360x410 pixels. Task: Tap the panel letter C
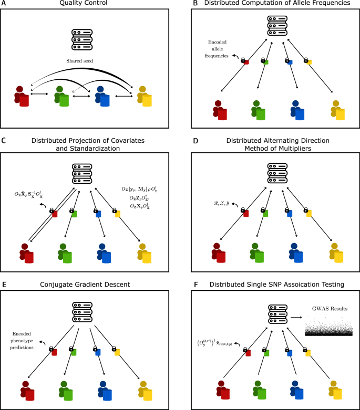point(3,140)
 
